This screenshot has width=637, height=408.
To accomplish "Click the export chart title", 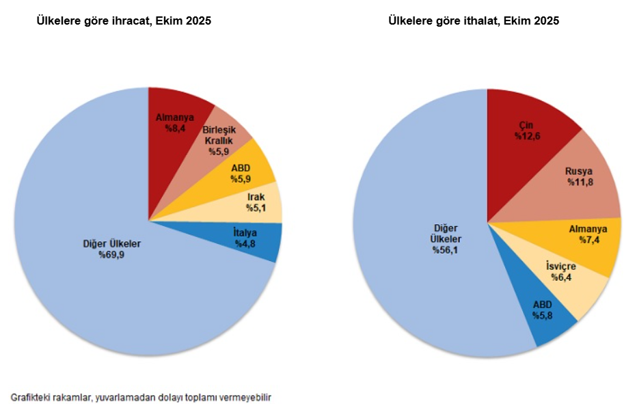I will pos(124,21).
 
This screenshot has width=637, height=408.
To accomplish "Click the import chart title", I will pos(474,21).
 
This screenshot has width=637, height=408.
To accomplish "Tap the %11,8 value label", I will pos(580,182).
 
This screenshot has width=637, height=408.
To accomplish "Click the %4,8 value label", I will pos(245,244).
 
